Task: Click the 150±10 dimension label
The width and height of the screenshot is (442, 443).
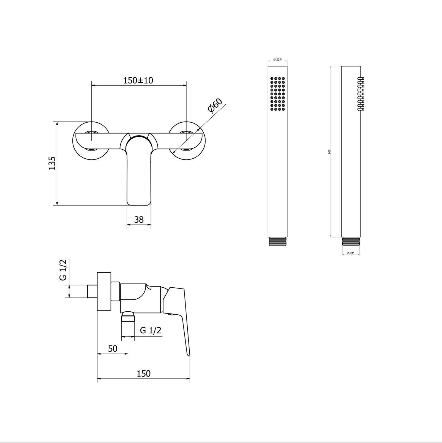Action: (x=138, y=80)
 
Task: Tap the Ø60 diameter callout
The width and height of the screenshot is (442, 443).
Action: (x=215, y=106)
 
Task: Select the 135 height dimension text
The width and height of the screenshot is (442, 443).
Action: (x=52, y=163)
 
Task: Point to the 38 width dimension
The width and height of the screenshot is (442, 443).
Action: (x=139, y=220)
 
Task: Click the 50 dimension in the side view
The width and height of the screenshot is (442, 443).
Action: (x=113, y=349)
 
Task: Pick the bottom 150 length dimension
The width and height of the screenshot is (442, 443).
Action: (x=144, y=374)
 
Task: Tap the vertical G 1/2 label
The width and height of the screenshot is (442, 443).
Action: (x=63, y=270)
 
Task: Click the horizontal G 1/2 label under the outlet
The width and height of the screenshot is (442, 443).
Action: (x=151, y=330)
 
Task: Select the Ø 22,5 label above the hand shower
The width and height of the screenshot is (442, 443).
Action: (x=277, y=60)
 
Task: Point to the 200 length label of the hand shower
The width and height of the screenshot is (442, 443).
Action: (x=329, y=152)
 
